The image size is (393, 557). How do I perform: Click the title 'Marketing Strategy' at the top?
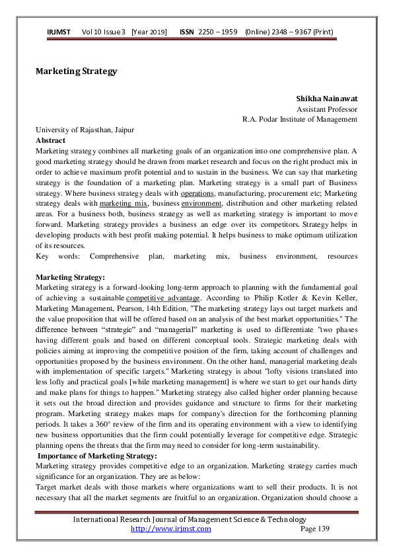[76, 71]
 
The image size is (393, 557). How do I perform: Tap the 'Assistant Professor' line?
[327, 109]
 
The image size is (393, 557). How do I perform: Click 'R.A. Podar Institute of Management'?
[300, 120]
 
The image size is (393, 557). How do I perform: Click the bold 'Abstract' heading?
[50, 140]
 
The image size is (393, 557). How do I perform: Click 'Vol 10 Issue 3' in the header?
[104, 32]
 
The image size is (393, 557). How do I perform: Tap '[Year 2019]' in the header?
[149, 32]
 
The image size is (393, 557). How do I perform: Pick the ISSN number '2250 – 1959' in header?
[218, 32]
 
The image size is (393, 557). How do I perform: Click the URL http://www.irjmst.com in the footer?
[170, 529]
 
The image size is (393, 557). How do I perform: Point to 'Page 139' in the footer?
[314, 529]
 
